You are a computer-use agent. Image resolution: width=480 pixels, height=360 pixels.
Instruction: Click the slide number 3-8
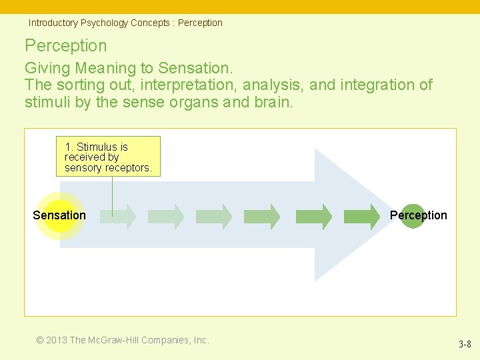[465, 344]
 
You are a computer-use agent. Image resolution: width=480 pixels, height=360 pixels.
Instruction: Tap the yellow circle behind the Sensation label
[59, 215]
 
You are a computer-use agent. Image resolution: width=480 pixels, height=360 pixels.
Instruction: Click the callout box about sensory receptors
[108, 157]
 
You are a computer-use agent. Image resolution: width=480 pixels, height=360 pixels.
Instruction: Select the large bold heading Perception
[65, 45]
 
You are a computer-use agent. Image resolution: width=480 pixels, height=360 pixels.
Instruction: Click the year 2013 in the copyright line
[57, 340]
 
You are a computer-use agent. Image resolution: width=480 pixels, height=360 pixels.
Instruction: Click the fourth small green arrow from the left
[263, 217]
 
